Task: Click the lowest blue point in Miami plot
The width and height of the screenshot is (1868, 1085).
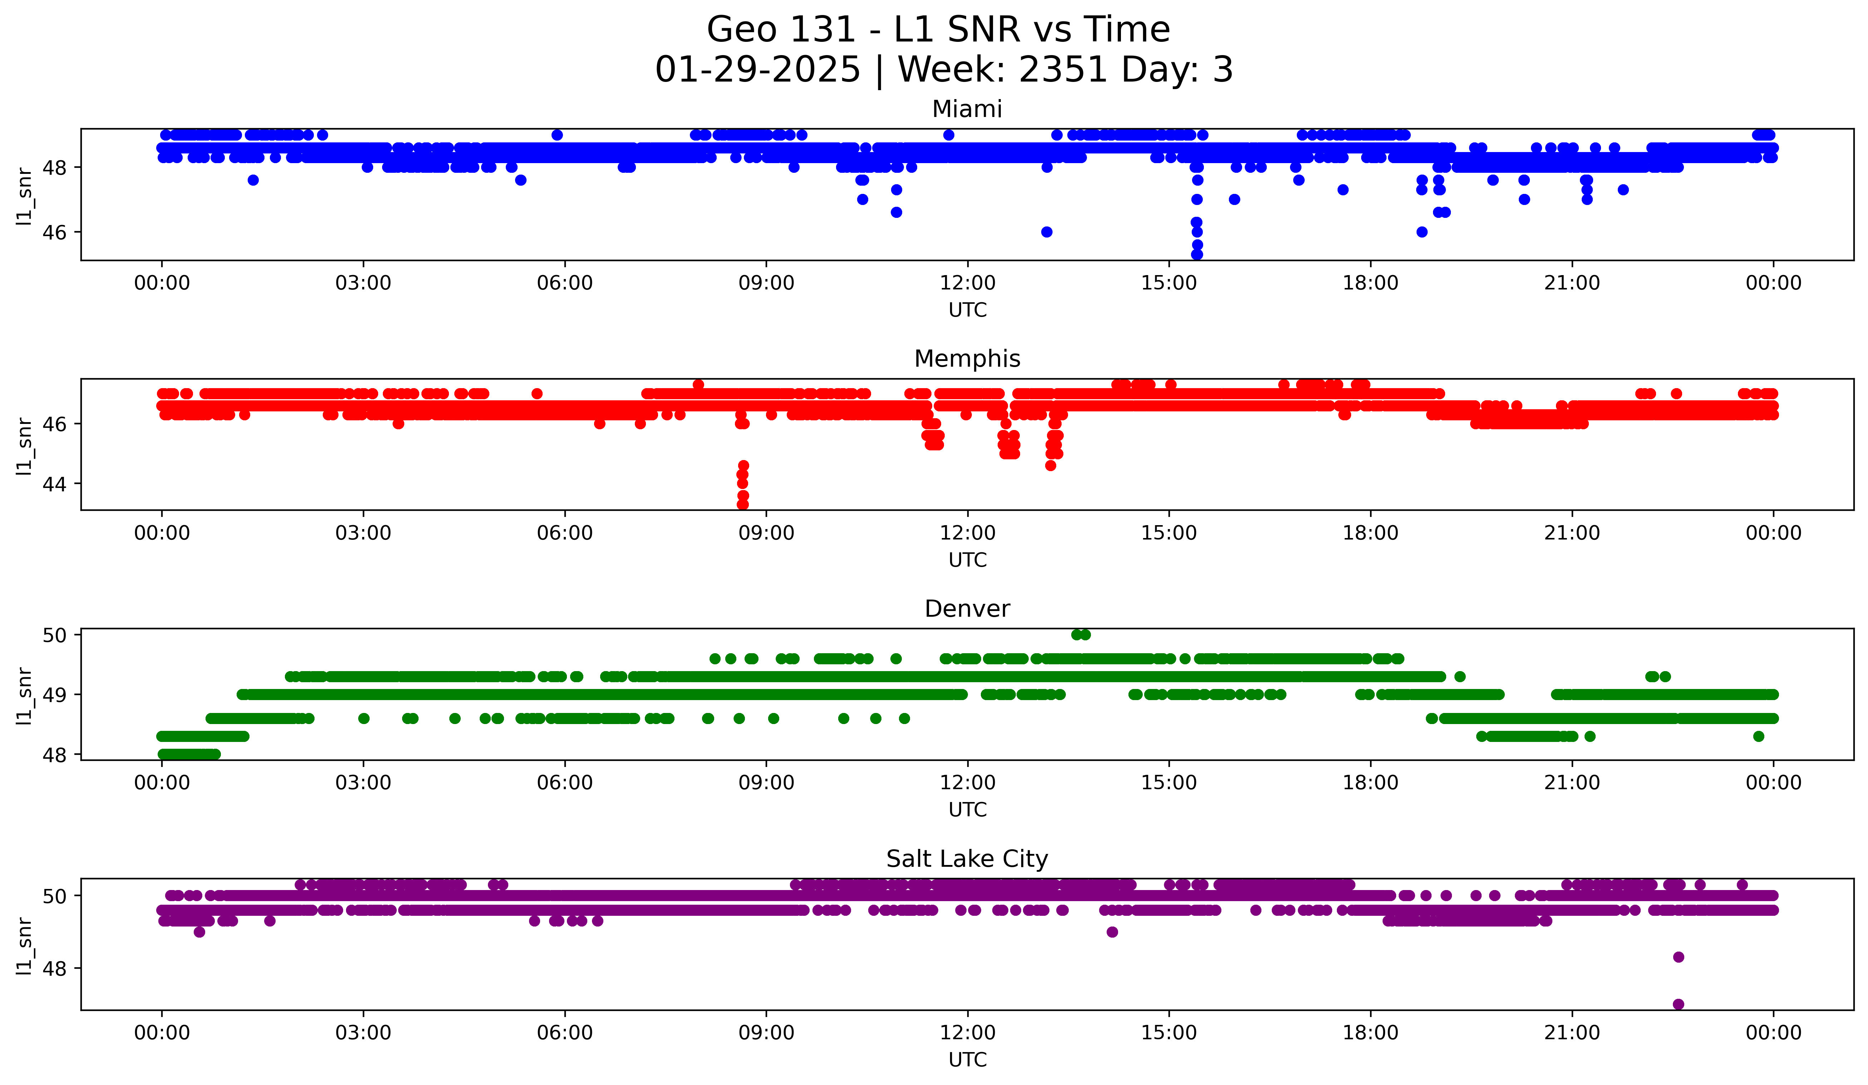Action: [1196, 254]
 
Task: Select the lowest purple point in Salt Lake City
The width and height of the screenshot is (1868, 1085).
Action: [1678, 1004]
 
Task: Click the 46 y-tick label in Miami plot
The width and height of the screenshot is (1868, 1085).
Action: [54, 232]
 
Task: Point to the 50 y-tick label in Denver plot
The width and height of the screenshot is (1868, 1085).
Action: [54, 635]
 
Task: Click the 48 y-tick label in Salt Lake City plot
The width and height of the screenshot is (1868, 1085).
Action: [54, 969]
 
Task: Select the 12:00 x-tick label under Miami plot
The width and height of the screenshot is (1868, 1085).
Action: [967, 283]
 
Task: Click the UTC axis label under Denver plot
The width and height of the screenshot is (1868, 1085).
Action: [967, 810]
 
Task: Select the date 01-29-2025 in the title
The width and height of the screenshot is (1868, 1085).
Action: [757, 70]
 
